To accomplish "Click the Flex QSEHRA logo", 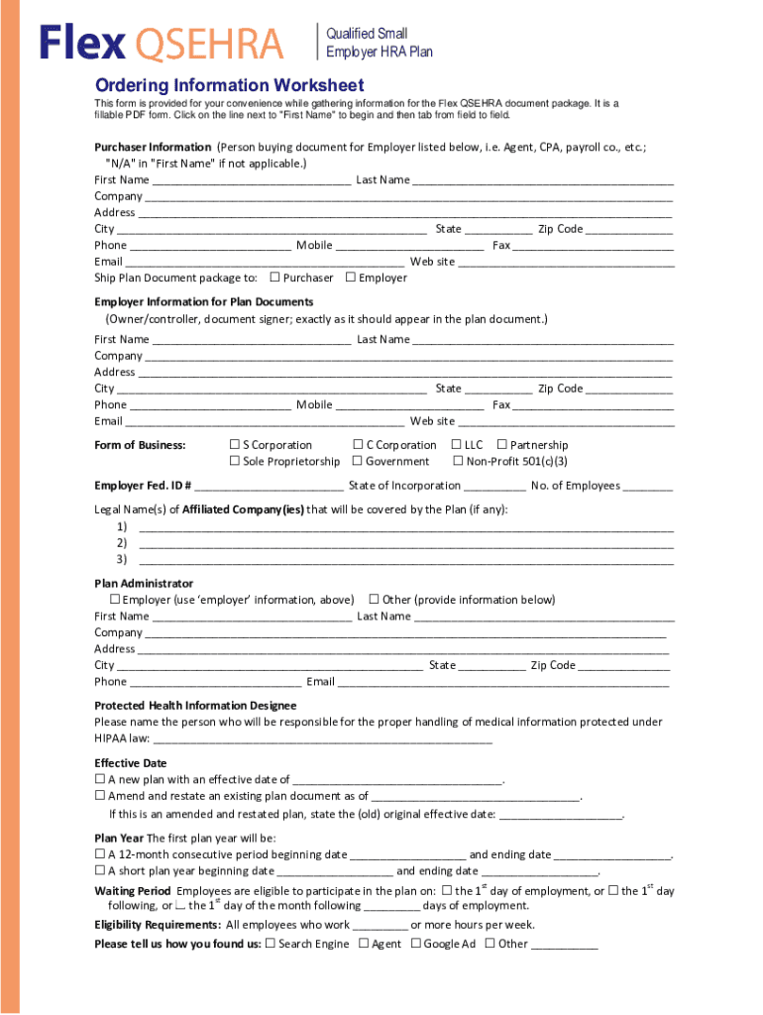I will pos(161,43).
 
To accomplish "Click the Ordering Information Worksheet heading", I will pos(229,85).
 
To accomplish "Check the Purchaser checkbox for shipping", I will pos(274,278).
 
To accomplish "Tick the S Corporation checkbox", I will pos(235,445).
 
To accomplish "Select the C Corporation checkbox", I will pos(358,445).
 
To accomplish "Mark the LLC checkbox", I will pos(457,445).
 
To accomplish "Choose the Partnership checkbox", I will pos(502,445).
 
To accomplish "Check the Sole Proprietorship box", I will pos(235,461).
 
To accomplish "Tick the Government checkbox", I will pos(358,461).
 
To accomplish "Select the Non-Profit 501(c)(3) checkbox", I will pos(458,461).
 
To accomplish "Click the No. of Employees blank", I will pos(648,487).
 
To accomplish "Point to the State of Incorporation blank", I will pos(494,487).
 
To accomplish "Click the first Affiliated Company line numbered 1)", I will pos(406,526).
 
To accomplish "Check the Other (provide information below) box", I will pos(375,600).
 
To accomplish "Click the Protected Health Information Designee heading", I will pos(195,706).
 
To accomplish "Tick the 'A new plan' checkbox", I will pos(100,780).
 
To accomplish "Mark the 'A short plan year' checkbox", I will pos(100,871).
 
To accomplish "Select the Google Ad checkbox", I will pos(416,944).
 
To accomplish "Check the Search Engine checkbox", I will pos(271,944).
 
